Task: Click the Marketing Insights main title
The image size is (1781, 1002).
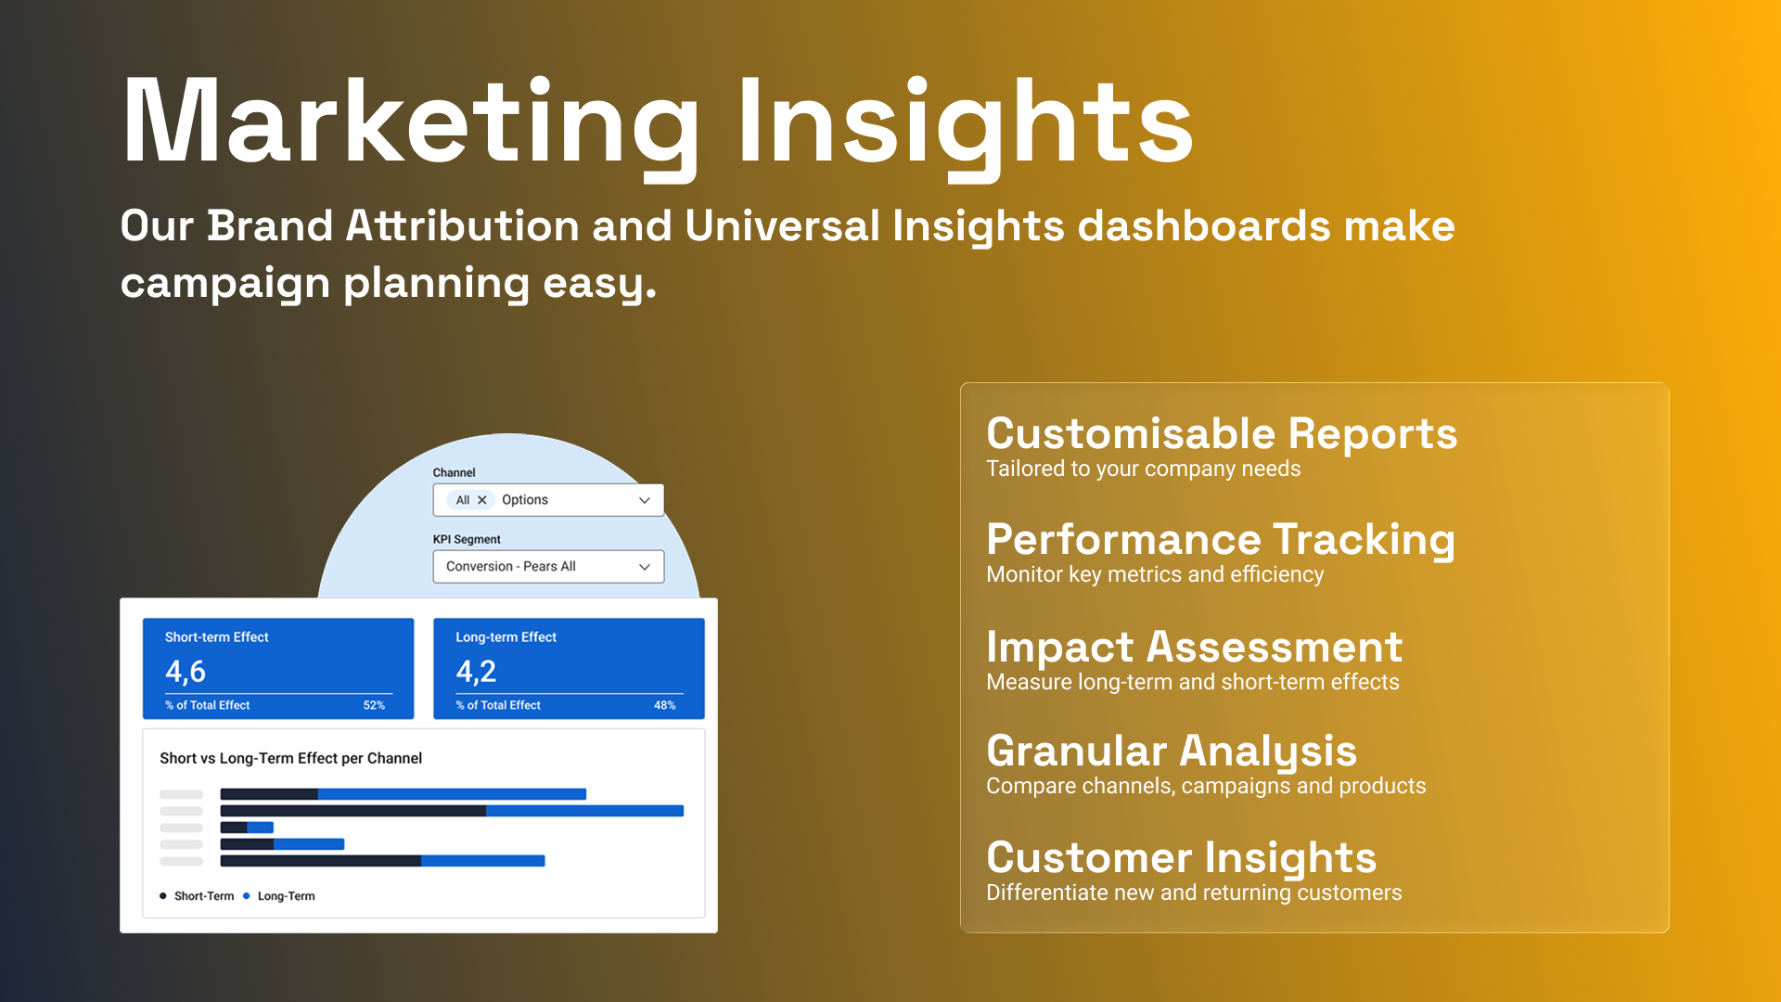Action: (x=657, y=124)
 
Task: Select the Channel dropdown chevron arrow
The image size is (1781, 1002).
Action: (x=645, y=500)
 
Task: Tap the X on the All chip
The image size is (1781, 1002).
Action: (x=481, y=500)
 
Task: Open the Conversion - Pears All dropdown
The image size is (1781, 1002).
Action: (x=548, y=567)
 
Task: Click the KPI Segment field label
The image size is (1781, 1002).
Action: (x=467, y=539)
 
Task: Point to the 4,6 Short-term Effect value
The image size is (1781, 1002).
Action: (x=186, y=672)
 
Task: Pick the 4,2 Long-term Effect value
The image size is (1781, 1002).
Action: (x=476, y=672)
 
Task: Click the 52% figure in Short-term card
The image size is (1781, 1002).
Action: (x=374, y=705)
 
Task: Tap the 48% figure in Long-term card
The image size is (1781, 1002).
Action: (x=664, y=705)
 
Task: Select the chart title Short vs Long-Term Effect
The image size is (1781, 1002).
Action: (x=290, y=758)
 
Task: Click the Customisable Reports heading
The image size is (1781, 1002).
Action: (x=1222, y=433)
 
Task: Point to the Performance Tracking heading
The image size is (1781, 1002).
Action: (x=1221, y=540)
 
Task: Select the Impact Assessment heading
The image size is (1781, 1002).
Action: (x=1194, y=647)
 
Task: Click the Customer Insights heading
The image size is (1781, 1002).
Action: (x=1181, y=858)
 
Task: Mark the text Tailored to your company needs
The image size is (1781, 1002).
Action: (x=1143, y=469)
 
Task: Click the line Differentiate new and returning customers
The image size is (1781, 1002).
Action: (x=1194, y=893)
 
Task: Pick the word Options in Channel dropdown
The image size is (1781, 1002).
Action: (x=525, y=500)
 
